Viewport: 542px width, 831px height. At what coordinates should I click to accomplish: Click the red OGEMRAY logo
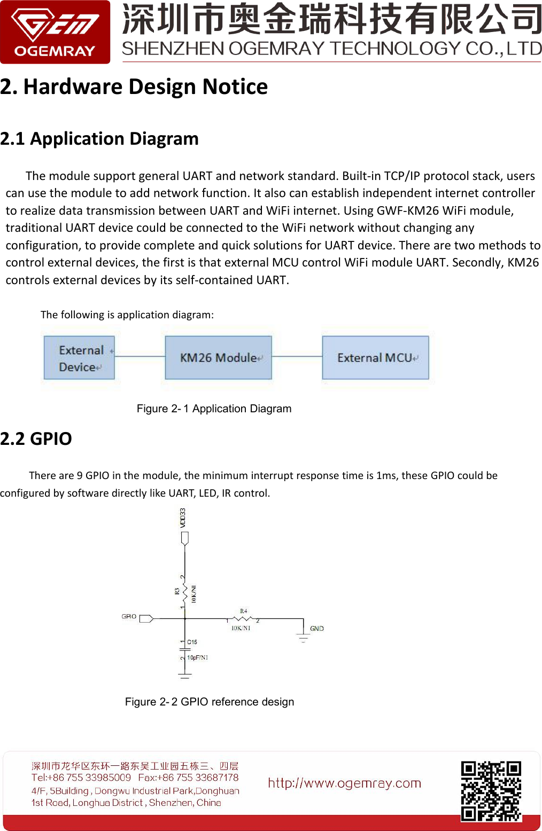tap(55, 32)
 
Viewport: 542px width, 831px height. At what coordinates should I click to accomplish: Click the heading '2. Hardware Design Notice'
tap(134, 87)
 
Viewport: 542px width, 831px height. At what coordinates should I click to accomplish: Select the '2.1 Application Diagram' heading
tap(99, 139)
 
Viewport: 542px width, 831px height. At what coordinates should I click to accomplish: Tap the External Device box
tap(79, 358)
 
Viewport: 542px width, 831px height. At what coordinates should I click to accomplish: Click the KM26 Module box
tap(218, 358)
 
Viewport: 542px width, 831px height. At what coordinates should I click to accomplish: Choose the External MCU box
tap(375, 358)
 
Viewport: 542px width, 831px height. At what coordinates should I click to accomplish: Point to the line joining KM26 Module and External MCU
tap(297, 356)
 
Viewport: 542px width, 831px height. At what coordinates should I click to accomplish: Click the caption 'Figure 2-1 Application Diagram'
tap(214, 409)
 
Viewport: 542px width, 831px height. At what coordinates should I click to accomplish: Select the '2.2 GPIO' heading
tap(36, 438)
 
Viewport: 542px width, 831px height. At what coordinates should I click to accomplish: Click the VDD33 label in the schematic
tap(183, 518)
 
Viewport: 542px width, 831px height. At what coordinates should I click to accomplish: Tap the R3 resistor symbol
tap(185, 591)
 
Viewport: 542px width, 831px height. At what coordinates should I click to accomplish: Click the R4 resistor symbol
tap(243, 619)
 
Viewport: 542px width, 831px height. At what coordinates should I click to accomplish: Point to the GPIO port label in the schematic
tap(129, 617)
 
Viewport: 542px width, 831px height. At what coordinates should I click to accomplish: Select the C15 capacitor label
tap(192, 642)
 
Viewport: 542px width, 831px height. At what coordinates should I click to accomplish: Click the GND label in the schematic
tap(316, 629)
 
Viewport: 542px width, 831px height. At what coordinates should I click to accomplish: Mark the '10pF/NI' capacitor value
tap(197, 657)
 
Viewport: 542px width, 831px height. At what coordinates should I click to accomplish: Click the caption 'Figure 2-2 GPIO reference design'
tap(210, 702)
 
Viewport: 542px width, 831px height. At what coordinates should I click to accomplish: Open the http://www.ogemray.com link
tap(344, 783)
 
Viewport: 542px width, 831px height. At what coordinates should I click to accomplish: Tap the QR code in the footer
tap(491, 790)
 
